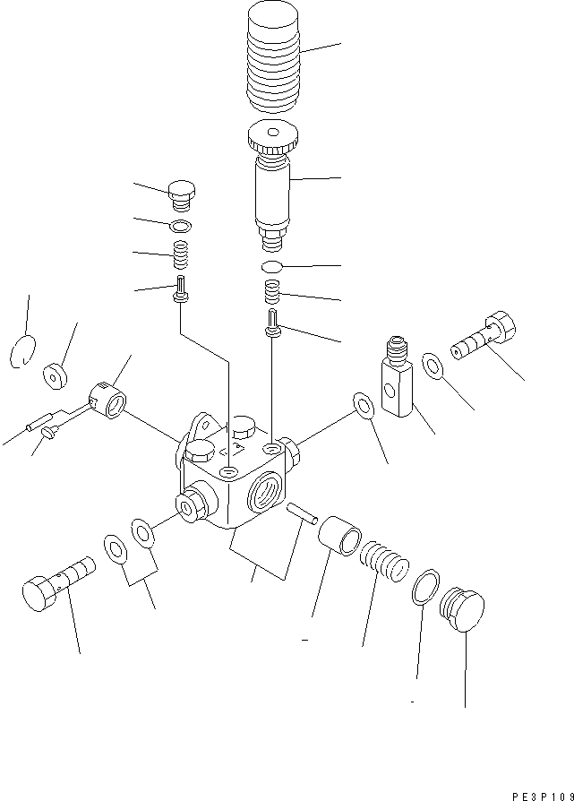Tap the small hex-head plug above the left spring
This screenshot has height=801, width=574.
pos(182,193)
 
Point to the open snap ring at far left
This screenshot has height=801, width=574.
pos(24,351)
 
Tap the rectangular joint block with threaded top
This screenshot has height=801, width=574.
pos(397,381)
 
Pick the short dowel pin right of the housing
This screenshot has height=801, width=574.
pos(301,512)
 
